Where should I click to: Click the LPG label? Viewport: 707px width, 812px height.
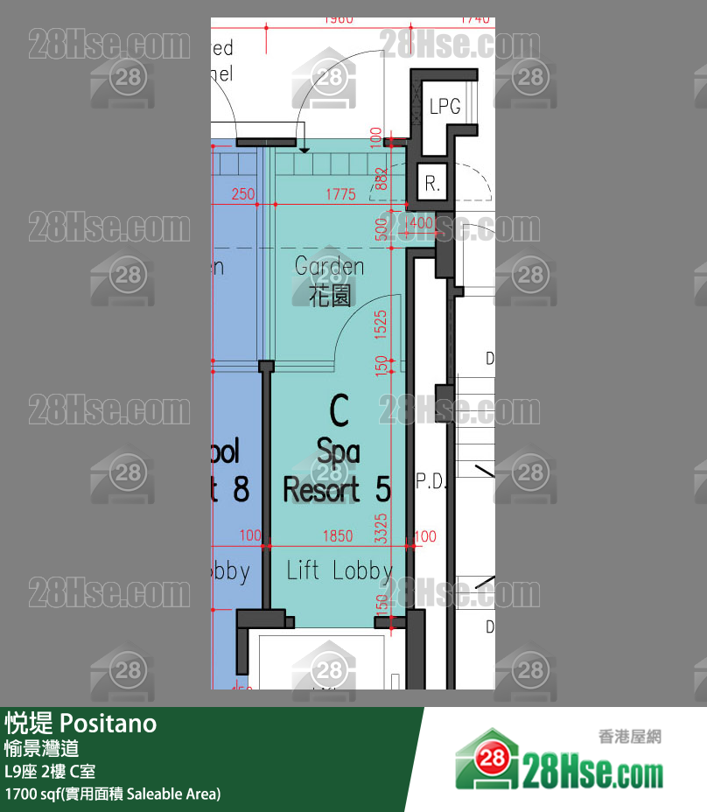[x=444, y=107]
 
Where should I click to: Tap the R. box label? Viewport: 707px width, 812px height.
[x=432, y=185]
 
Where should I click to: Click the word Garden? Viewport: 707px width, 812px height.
[x=329, y=265]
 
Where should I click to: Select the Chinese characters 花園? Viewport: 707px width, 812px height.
[x=330, y=295]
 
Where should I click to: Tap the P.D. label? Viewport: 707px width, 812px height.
[x=431, y=481]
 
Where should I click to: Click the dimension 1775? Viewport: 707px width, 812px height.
[x=340, y=194]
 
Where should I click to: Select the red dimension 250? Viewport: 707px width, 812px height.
[x=243, y=194]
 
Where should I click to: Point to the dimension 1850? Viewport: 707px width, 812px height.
[x=337, y=535]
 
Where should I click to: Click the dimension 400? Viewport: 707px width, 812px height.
[x=421, y=224]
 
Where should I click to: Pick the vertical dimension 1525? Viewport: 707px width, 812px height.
[x=381, y=324]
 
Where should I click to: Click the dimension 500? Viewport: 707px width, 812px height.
[x=381, y=229]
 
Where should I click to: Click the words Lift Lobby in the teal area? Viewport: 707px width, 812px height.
[x=339, y=570]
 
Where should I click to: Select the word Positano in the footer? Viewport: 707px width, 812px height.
[x=108, y=724]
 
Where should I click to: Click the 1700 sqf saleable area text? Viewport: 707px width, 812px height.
[x=113, y=794]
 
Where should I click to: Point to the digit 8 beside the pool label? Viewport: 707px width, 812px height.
[x=241, y=488]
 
